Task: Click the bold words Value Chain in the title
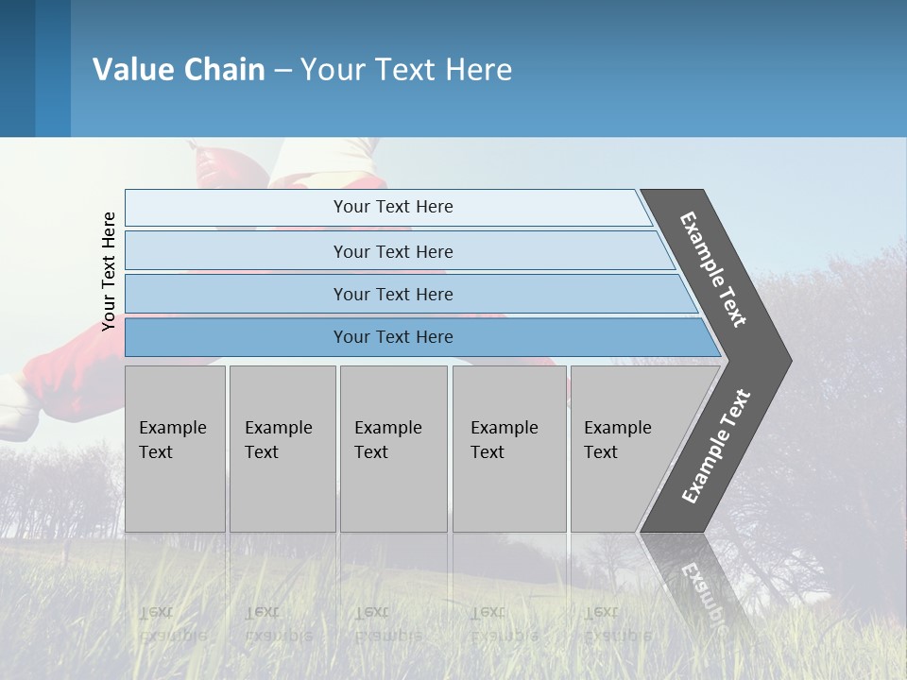(179, 70)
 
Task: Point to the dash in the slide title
(282, 71)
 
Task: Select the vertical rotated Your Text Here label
(109, 271)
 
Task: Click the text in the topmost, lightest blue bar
(393, 207)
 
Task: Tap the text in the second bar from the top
(393, 252)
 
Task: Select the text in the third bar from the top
(393, 295)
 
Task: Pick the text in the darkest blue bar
(393, 337)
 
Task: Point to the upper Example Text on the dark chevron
(713, 269)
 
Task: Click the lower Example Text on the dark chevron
(716, 447)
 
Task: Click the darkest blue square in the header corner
(17, 68)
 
